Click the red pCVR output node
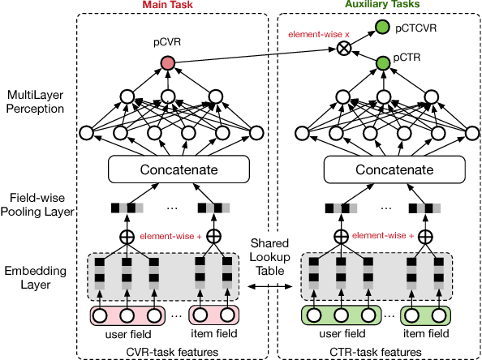tap(168, 63)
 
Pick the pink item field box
tap(215, 316)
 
